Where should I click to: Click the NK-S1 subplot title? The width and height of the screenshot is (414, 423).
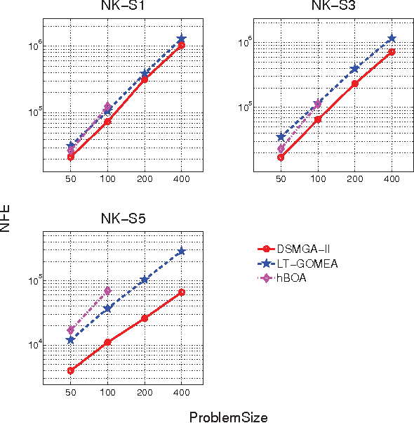point(123,8)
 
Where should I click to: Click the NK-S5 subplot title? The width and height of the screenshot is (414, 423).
point(123,219)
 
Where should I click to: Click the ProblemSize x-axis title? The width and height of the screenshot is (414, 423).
point(228,417)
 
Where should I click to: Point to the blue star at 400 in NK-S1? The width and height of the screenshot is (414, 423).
point(181,39)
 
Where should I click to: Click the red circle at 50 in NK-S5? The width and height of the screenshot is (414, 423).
point(71,370)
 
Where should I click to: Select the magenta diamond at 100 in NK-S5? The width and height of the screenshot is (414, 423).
point(107,290)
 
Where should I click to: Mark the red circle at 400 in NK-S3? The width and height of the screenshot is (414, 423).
point(391,51)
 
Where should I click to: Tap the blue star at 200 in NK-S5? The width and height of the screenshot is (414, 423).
point(145,280)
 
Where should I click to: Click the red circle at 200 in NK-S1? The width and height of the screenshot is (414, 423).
point(145,79)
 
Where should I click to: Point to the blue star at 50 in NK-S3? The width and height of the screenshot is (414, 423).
point(281,136)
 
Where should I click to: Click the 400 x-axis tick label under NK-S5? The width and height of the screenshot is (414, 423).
point(181,392)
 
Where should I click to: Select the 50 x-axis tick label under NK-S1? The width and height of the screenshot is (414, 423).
point(71,180)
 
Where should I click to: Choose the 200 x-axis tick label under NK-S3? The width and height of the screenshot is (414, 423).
point(354,180)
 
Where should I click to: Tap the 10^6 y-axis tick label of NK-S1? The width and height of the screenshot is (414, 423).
point(33,46)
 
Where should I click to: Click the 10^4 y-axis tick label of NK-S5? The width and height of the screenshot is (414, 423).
point(33,344)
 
